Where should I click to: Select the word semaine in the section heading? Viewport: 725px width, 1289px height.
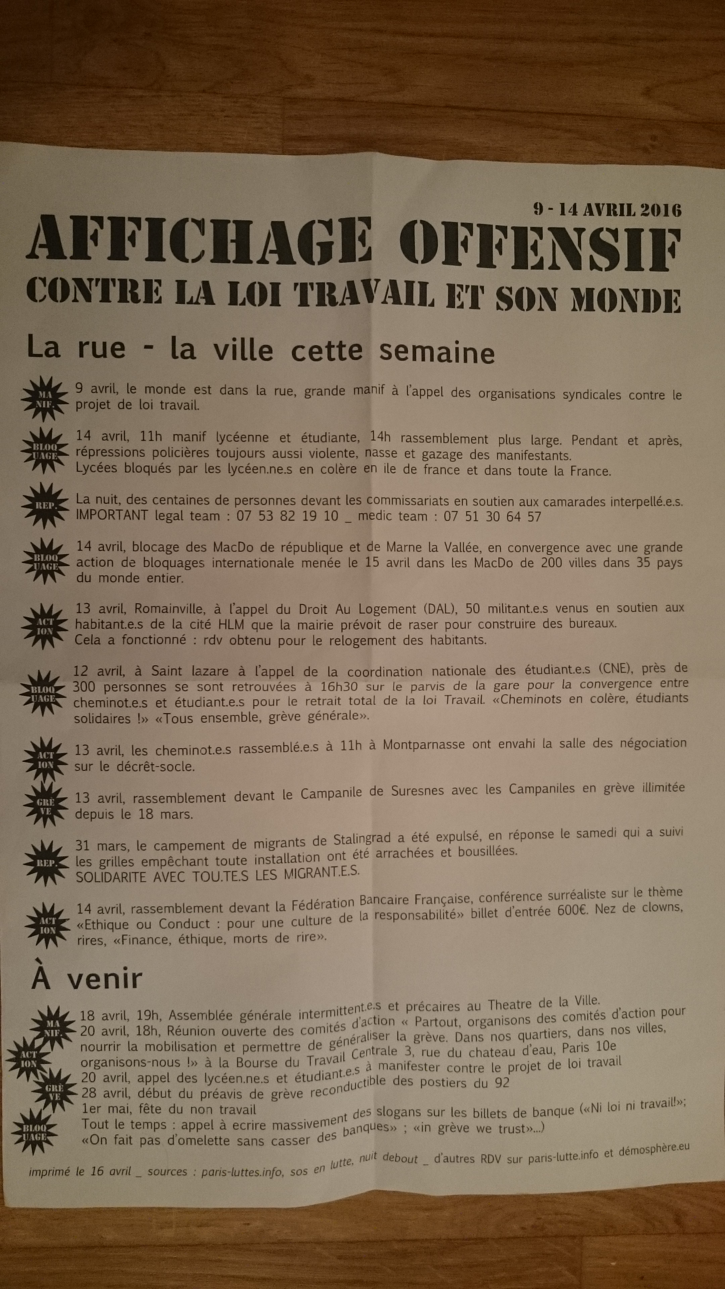(437, 352)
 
